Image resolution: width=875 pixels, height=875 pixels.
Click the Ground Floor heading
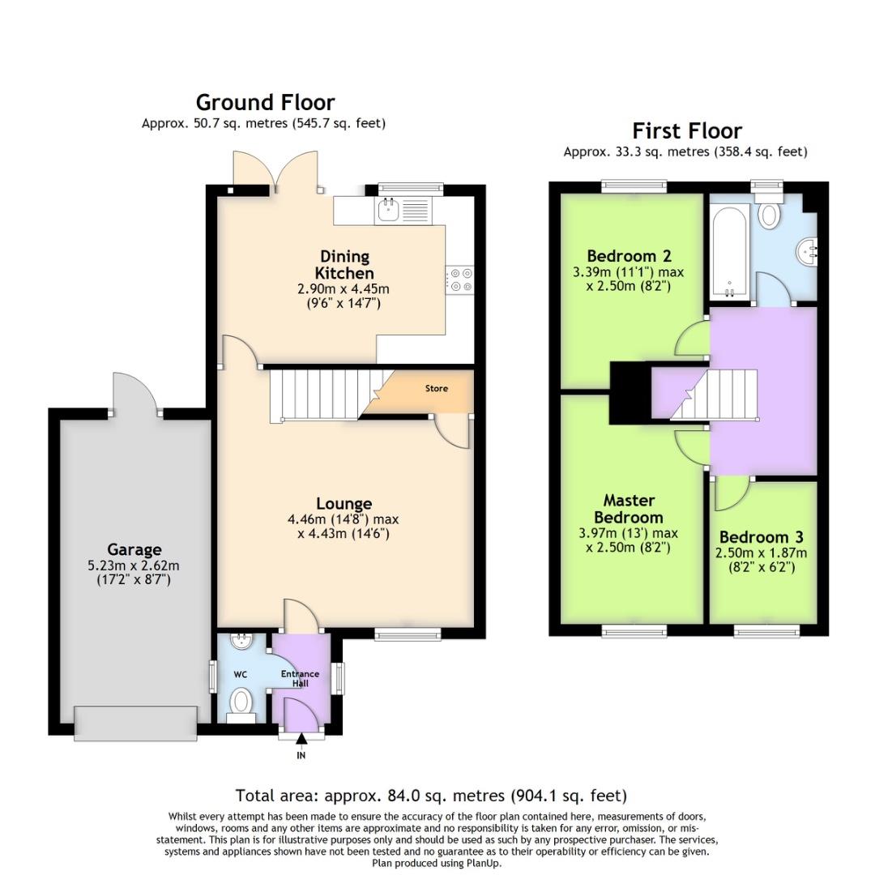click(265, 103)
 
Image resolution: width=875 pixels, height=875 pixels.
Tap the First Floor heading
click(686, 131)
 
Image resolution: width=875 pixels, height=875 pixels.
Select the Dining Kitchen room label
click(344, 265)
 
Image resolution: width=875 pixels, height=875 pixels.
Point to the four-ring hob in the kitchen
click(461, 280)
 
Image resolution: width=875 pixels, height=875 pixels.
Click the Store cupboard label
click(436, 389)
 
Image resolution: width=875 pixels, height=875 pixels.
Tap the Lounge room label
click(344, 504)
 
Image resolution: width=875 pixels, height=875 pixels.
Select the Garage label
click(134, 550)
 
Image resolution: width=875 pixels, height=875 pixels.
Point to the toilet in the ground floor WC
click(241, 701)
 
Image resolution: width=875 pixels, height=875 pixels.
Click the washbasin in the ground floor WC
click(241, 642)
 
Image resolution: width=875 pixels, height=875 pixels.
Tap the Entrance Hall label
click(300, 678)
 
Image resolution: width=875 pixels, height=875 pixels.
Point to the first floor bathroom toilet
click(767, 214)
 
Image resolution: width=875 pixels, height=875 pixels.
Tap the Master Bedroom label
click(628, 509)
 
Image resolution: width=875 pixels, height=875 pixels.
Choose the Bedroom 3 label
click(761, 537)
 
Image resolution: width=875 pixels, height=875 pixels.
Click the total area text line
click(431, 796)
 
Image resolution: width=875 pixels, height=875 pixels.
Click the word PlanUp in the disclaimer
click(484, 863)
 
